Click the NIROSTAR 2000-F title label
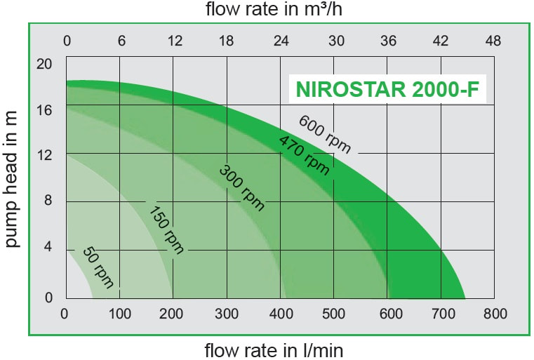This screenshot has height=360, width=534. [388, 89]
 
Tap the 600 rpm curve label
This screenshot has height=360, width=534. [324, 133]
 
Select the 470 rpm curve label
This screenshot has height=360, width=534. [305, 154]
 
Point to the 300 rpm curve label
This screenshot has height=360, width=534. [242, 187]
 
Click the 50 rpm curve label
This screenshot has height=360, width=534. [98, 267]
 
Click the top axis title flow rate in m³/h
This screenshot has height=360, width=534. [274, 9]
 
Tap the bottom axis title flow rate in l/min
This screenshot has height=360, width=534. [274, 349]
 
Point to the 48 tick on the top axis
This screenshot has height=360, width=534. [493, 41]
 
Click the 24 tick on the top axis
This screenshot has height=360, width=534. [281, 41]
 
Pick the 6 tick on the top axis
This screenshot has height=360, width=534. [121, 41]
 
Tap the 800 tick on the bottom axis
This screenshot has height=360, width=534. [495, 313]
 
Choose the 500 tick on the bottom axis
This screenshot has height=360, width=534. [334, 313]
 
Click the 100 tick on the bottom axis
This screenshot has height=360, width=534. [120, 313]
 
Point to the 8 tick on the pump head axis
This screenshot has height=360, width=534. [48, 201]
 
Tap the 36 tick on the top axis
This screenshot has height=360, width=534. [388, 41]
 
